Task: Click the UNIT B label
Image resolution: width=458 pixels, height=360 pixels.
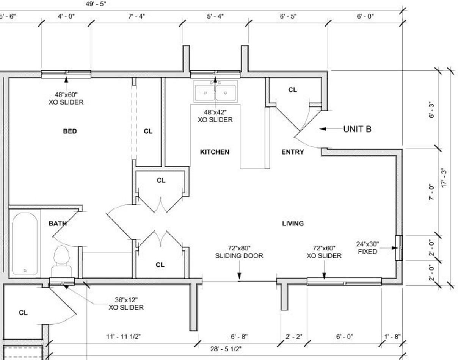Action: (357, 129)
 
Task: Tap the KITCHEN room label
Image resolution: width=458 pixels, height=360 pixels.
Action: (215, 152)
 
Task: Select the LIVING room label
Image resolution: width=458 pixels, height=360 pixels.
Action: (293, 224)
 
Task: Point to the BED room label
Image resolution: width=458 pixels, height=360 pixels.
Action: (70, 131)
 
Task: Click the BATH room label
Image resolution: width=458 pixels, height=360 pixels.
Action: (58, 224)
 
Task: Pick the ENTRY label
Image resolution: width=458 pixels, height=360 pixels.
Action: (292, 152)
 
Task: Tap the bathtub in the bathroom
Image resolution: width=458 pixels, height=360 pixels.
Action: (25, 244)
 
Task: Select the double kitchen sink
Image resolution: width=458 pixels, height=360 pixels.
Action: (215, 91)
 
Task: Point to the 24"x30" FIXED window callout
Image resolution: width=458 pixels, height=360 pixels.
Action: (367, 248)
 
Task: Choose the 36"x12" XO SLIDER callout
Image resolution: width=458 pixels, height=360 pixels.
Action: (126, 304)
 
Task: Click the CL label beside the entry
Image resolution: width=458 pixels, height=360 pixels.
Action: (292, 90)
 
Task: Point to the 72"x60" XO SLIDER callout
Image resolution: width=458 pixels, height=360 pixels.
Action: (324, 252)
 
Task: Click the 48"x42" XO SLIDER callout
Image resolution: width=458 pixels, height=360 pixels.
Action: (215, 116)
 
